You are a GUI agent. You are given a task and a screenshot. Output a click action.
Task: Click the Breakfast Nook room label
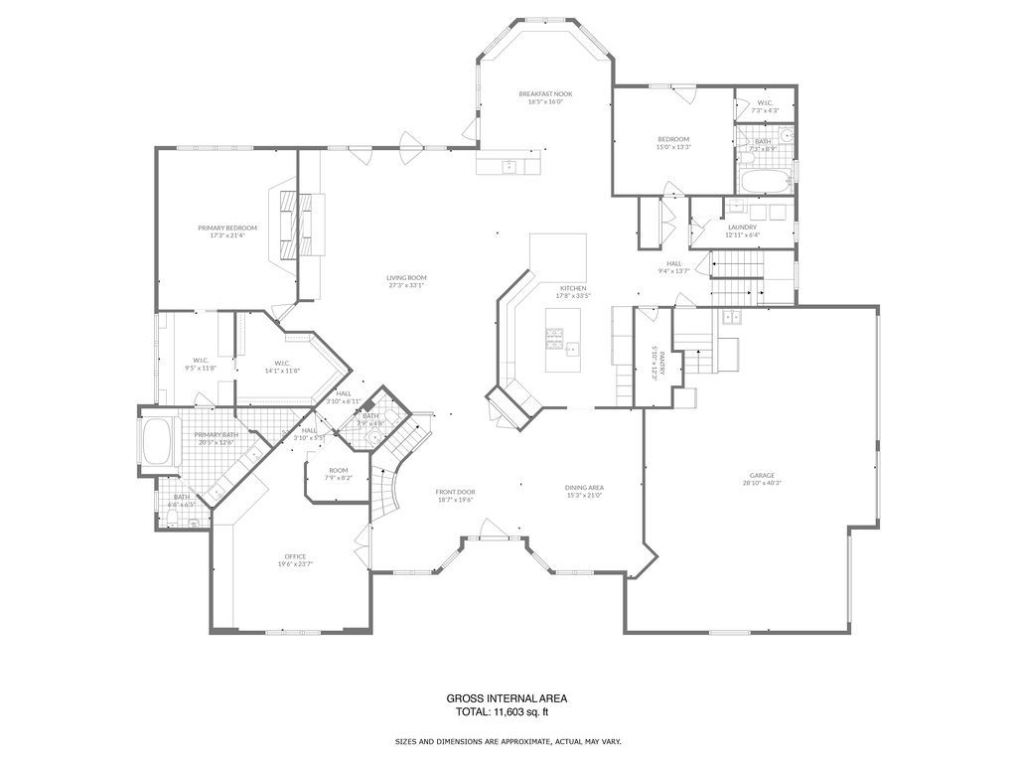click(x=546, y=93)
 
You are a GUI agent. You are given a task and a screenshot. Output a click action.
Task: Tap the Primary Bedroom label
click(x=226, y=228)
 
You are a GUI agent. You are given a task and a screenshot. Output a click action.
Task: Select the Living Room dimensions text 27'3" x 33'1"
click(x=406, y=286)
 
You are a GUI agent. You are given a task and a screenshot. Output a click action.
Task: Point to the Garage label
click(x=762, y=475)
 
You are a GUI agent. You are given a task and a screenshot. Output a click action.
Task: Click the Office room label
click(x=295, y=556)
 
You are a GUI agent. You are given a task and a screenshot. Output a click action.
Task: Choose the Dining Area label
click(x=584, y=487)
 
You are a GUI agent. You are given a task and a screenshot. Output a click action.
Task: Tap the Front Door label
click(x=455, y=492)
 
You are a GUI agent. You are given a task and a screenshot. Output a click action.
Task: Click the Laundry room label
click(x=742, y=228)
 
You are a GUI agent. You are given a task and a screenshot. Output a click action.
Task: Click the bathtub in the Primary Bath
click(x=158, y=441)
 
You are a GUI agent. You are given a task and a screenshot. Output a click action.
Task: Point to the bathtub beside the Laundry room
click(x=763, y=182)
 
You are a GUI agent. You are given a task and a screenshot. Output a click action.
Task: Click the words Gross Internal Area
click(x=507, y=698)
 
